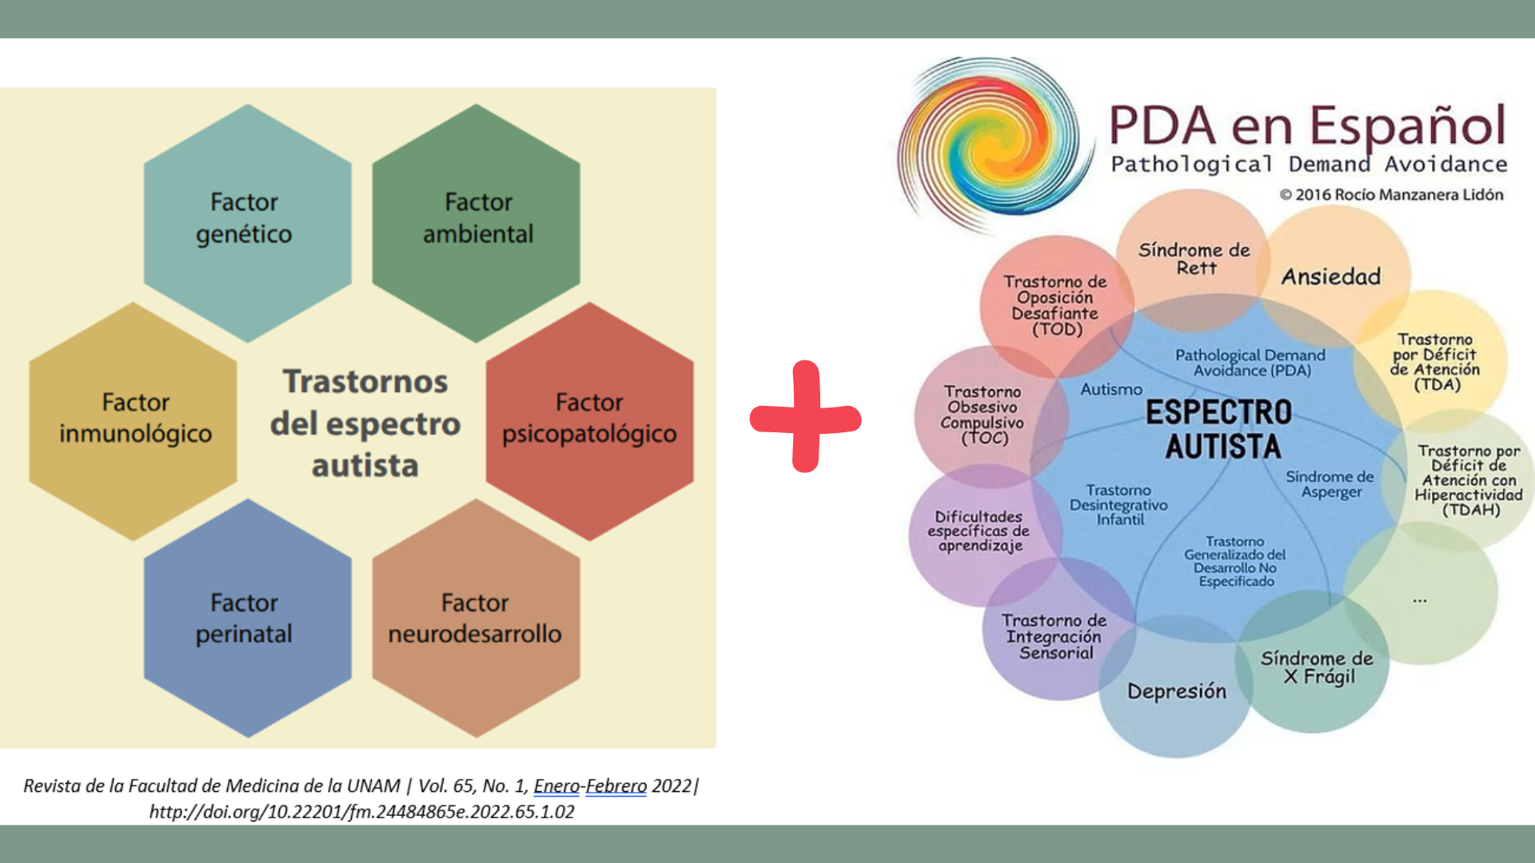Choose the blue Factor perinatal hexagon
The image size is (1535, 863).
[x=245, y=618]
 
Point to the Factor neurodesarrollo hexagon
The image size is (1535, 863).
[x=476, y=618]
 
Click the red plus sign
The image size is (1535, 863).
[x=805, y=417]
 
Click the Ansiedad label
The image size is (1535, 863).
[x=1331, y=276]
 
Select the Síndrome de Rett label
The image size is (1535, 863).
[x=1194, y=259]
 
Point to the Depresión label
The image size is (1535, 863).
[x=1176, y=691]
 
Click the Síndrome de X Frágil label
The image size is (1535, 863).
[x=1317, y=667]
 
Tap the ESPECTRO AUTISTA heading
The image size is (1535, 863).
[x=1220, y=429]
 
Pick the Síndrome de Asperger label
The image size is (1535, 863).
[x=1330, y=484]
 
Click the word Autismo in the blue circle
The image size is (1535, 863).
[x=1111, y=389]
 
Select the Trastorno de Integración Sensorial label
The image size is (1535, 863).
[x=1055, y=636]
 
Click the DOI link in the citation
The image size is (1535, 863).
[x=361, y=812]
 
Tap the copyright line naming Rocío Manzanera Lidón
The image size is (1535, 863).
[x=1391, y=195]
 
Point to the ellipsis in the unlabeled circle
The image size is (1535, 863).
[x=1419, y=599]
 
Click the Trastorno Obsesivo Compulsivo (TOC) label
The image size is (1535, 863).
[x=983, y=415]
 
